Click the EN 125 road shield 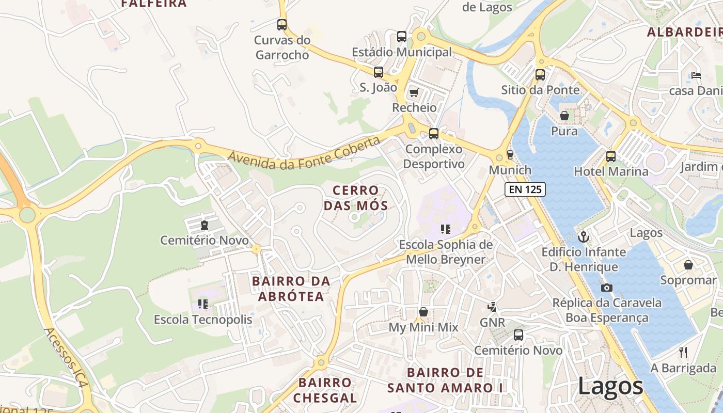525,189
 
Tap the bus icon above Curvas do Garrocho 282,24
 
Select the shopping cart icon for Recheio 413,93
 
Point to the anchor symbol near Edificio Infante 584,237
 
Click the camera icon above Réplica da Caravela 607,288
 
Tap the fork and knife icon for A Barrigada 683,353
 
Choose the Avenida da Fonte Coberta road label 307,154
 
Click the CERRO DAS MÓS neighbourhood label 356,198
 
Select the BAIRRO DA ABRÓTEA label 291,289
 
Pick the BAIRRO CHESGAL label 325,390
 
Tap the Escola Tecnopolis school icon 203,304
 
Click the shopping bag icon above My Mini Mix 423,312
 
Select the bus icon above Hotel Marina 611,156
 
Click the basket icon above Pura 564,116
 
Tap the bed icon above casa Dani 696,75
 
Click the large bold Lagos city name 610,386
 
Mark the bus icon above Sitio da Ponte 540,74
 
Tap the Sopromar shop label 688,280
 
